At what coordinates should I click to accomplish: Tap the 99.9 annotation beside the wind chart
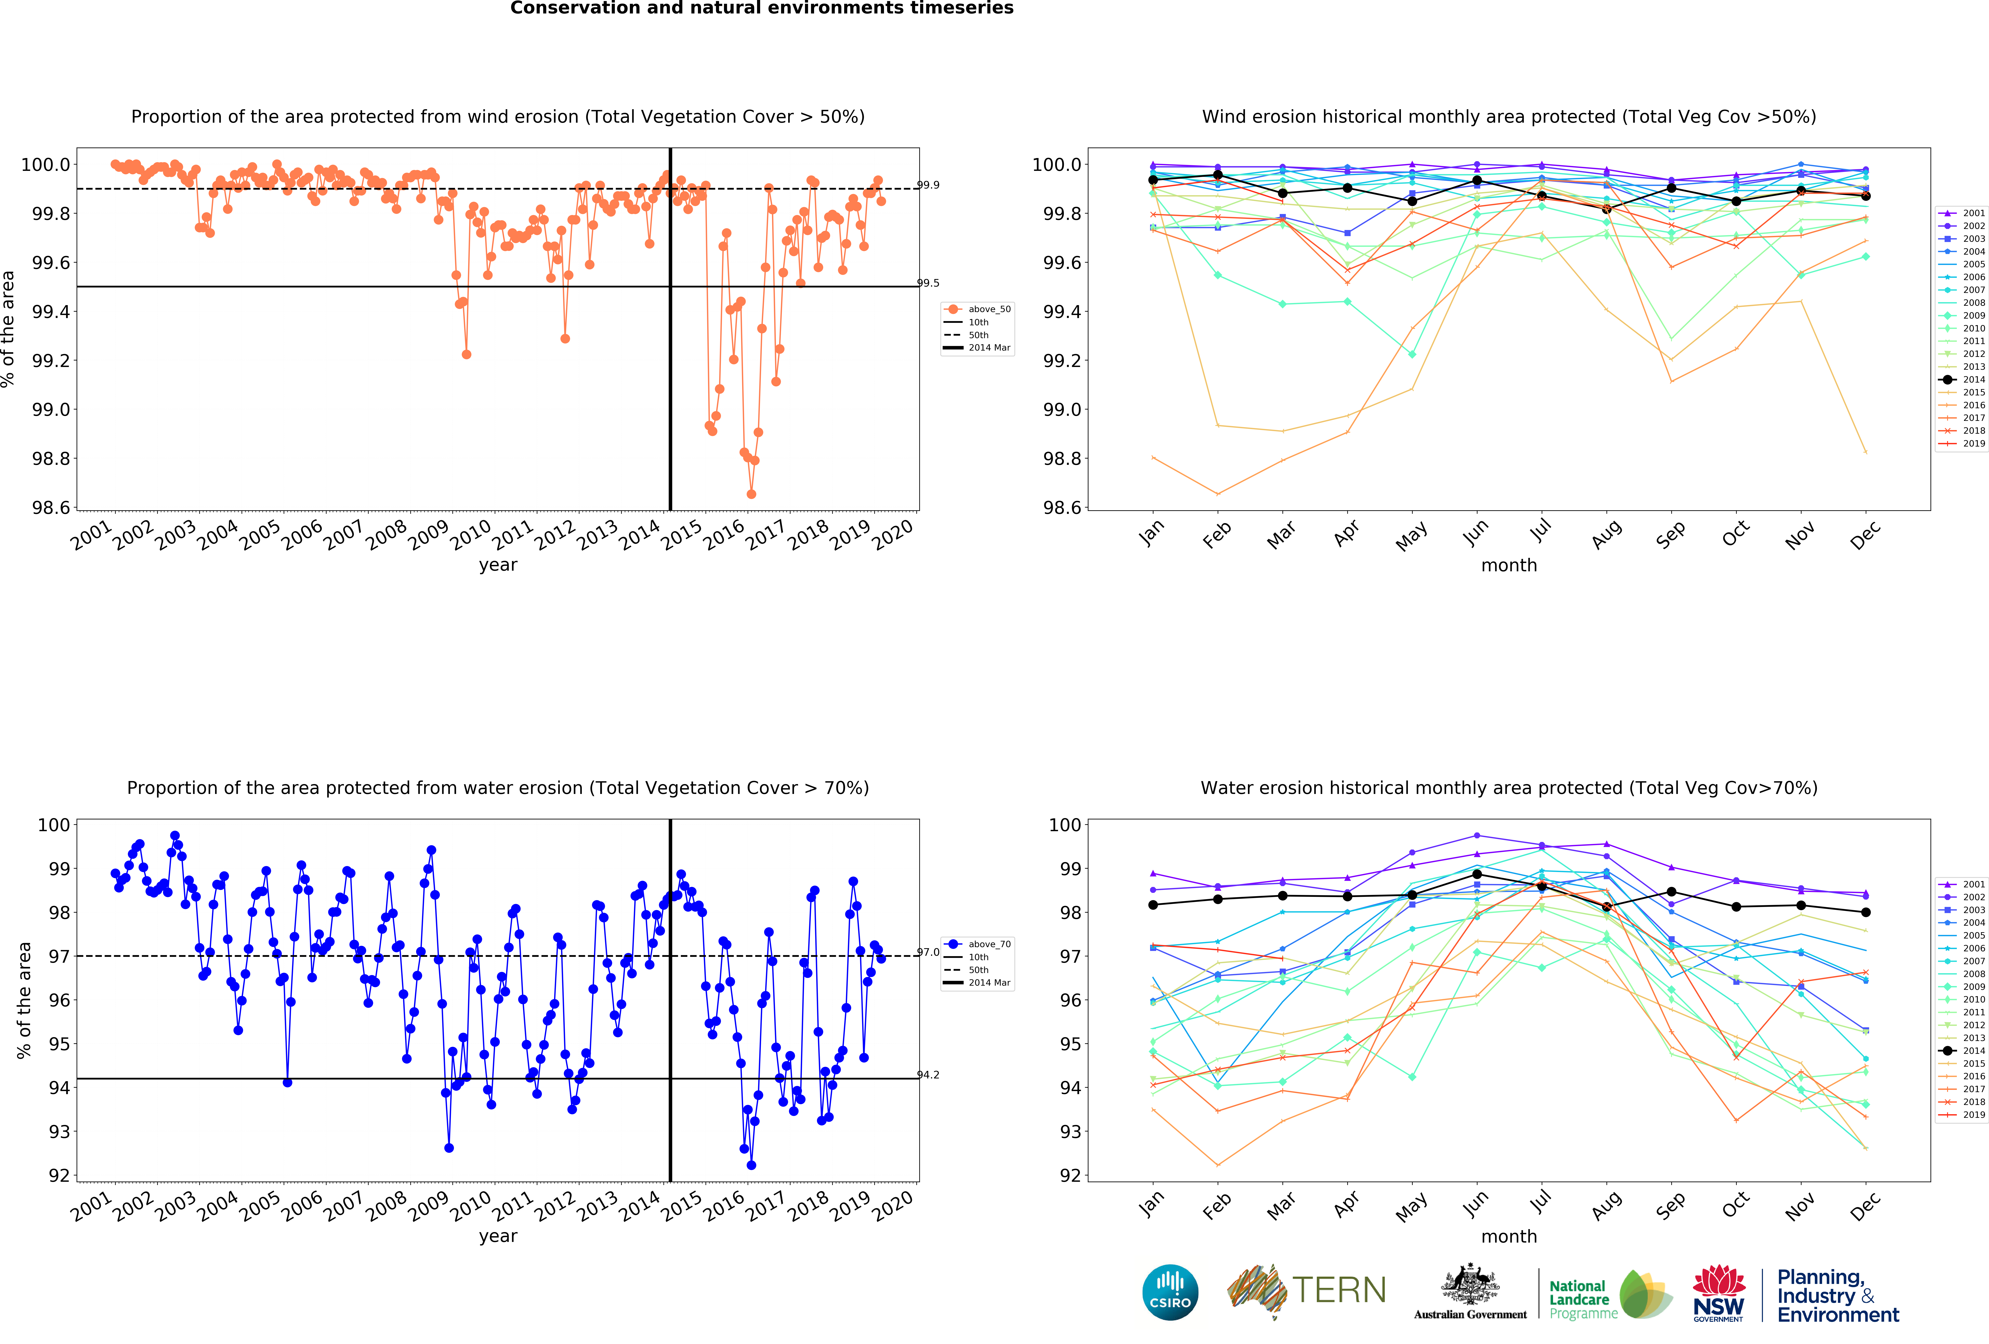929,185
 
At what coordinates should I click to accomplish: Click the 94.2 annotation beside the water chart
929,1075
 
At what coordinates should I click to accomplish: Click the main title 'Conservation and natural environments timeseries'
762,9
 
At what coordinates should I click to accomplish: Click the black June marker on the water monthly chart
1477,874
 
